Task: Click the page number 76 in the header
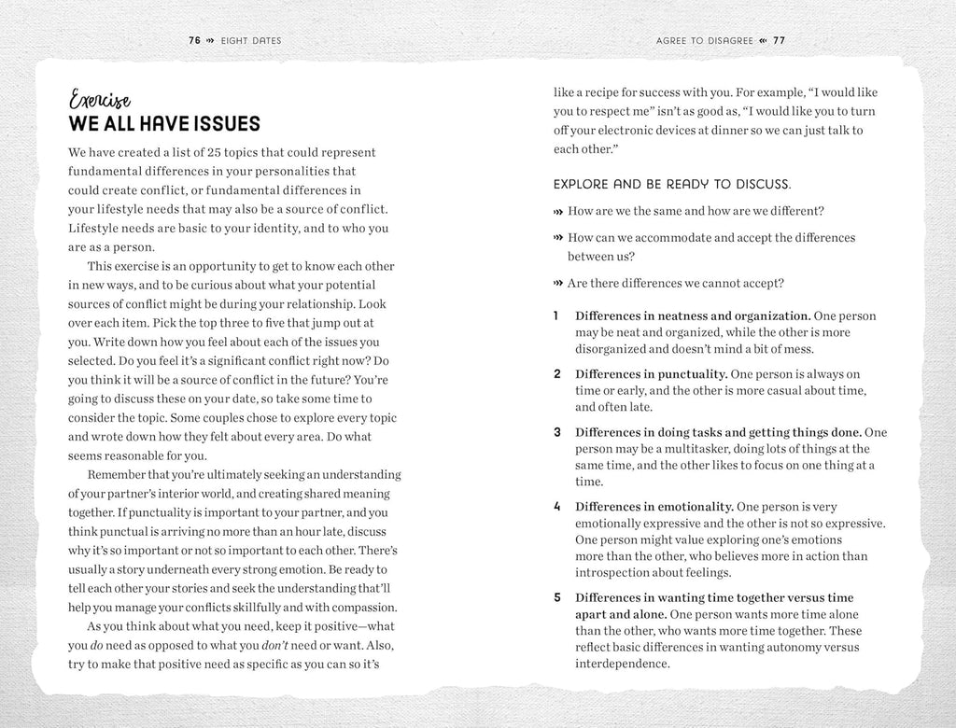click(x=194, y=40)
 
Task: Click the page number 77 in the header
click(x=779, y=40)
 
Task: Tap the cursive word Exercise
click(x=100, y=101)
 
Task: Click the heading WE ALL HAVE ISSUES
click(x=164, y=125)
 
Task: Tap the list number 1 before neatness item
click(x=555, y=315)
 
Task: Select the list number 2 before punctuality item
click(x=556, y=374)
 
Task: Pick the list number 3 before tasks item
click(x=556, y=432)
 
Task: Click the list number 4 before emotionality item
click(x=556, y=507)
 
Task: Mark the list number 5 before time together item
click(x=556, y=597)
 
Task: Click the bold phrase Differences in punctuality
click(x=651, y=374)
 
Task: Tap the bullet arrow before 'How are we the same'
click(x=558, y=211)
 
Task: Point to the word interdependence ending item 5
click(x=623, y=665)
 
